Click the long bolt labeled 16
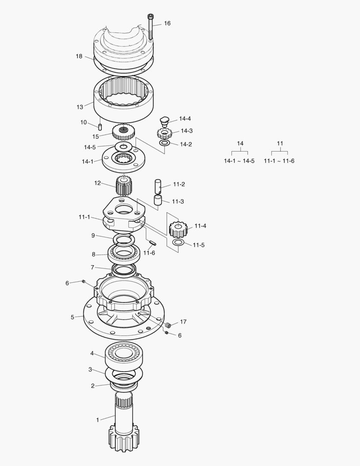pyautogui.click(x=150, y=27)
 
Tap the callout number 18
pyautogui.click(x=79, y=56)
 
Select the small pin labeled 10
pyautogui.click(x=100, y=127)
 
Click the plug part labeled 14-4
pyautogui.click(x=164, y=122)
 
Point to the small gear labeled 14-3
pyautogui.click(x=165, y=133)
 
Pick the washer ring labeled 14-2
pyautogui.click(x=165, y=143)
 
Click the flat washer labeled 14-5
pyautogui.click(x=123, y=146)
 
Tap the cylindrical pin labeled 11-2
pyautogui.click(x=158, y=186)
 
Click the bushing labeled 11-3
pyautogui.click(x=158, y=200)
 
